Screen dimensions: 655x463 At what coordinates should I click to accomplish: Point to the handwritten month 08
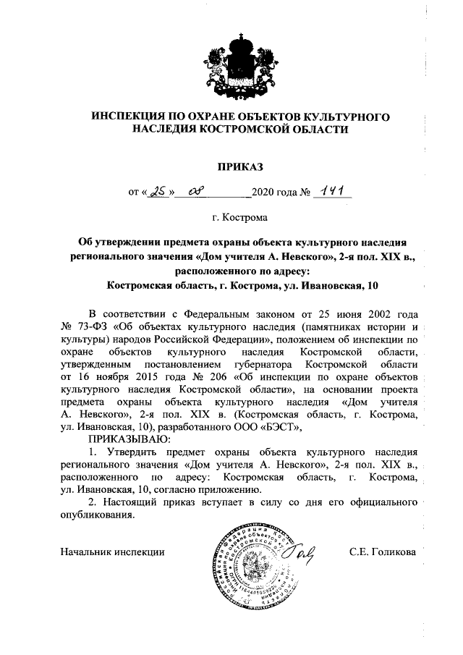pyautogui.click(x=196, y=193)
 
